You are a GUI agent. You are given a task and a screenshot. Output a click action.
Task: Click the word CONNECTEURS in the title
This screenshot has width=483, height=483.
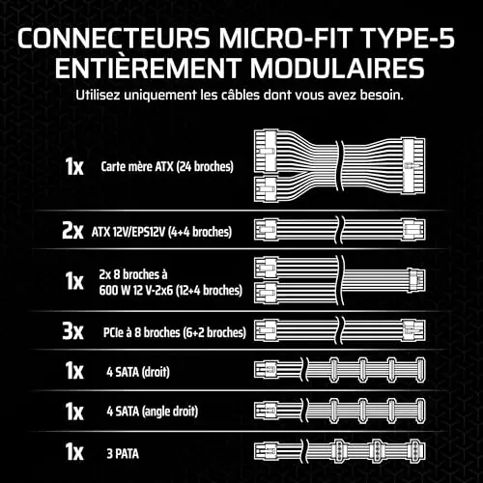(x=114, y=38)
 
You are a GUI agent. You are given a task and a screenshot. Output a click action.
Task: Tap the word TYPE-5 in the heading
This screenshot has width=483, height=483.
(x=408, y=38)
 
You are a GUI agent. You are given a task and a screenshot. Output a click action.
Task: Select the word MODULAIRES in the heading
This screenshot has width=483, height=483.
(x=337, y=68)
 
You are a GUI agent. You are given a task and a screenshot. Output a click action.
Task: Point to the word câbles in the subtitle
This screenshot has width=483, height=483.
(x=240, y=95)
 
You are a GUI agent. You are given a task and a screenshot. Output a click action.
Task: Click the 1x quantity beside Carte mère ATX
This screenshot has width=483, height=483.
(x=74, y=166)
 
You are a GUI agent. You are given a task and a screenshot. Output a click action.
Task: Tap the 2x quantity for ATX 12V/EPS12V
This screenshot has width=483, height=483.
(x=72, y=231)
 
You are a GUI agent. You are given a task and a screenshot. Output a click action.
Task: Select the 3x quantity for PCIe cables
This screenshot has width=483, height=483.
(x=72, y=331)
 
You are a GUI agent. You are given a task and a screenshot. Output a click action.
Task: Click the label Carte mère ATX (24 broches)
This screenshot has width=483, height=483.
(x=167, y=167)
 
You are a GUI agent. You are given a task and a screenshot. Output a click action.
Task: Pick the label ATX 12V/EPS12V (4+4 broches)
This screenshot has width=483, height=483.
(x=161, y=232)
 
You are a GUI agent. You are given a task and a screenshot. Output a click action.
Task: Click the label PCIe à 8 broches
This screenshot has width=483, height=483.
(x=141, y=332)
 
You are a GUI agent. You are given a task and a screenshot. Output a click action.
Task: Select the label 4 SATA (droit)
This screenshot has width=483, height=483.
(x=138, y=372)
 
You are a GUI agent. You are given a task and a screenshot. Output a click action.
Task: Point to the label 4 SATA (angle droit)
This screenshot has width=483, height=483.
(x=153, y=412)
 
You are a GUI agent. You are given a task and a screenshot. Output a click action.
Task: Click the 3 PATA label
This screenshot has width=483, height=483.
(x=123, y=454)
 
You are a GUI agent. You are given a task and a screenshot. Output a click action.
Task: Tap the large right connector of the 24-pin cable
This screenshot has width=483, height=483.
(x=413, y=166)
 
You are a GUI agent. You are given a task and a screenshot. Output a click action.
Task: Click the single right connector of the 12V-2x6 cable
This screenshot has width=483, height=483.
(x=416, y=280)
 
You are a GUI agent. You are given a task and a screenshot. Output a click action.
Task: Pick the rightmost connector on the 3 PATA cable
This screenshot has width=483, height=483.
(x=416, y=451)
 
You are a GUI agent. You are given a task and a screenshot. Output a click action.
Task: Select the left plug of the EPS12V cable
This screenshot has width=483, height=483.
(x=266, y=230)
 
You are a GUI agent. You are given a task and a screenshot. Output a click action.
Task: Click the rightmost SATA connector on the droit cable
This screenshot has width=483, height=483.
(x=420, y=369)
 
